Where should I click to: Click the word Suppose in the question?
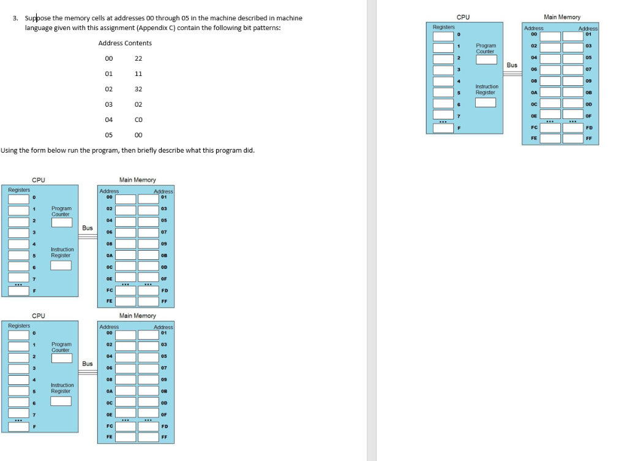pyautogui.click(x=37, y=18)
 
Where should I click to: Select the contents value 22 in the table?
pyautogui.click(x=138, y=58)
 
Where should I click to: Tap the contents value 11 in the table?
pyautogui.click(x=138, y=74)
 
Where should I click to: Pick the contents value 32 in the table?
pyautogui.click(x=138, y=89)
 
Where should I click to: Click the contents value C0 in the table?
pyautogui.click(x=138, y=120)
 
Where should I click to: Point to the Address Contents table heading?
pyautogui.click(x=125, y=43)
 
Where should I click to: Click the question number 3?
pyautogui.click(x=15, y=18)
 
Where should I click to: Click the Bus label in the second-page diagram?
pyautogui.click(x=512, y=64)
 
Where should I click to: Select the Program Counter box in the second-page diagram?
pyautogui.click(x=486, y=59)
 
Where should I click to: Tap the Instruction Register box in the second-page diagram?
pyautogui.click(x=486, y=102)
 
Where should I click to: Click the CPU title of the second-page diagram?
pyautogui.click(x=464, y=17)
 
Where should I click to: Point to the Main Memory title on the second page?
pyautogui.click(x=561, y=17)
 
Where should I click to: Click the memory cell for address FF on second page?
pyautogui.click(x=573, y=139)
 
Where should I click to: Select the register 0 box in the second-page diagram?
pyautogui.click(x=443, y=36)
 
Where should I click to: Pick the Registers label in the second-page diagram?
pyautogui.click(x=444, y=27)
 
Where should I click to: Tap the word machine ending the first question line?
pyautogui.click(x=290, y=18)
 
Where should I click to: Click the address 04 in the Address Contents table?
pyautogui.click(x=109, y=120)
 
